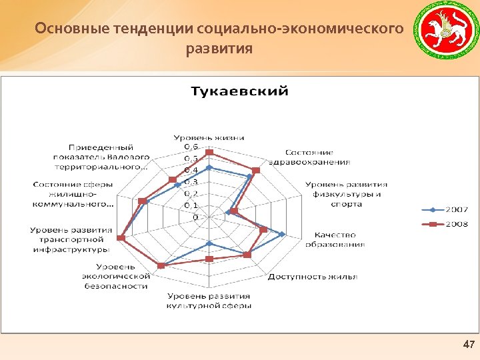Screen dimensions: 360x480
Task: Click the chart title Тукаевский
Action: click(240, 91)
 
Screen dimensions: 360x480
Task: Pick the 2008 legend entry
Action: click(446, 225)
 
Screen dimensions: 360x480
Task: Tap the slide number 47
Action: click(469, 344)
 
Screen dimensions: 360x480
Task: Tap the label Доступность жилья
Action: click(313, 276)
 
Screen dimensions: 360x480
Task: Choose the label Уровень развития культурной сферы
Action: click(209, 300)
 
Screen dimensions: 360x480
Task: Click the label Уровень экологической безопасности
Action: click(115, 276)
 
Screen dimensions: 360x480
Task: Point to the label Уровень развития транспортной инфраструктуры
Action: click(71, 239)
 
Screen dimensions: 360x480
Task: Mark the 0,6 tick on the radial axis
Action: click(191, 146)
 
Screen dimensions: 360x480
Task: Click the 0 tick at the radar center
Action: click(195, 217)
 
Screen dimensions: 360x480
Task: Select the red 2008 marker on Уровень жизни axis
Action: click(209, 153)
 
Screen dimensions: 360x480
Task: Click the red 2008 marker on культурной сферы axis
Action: click(209, 259)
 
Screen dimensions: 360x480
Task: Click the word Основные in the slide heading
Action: click(62, 29)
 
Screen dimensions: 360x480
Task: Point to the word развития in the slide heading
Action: click(220, 49)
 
